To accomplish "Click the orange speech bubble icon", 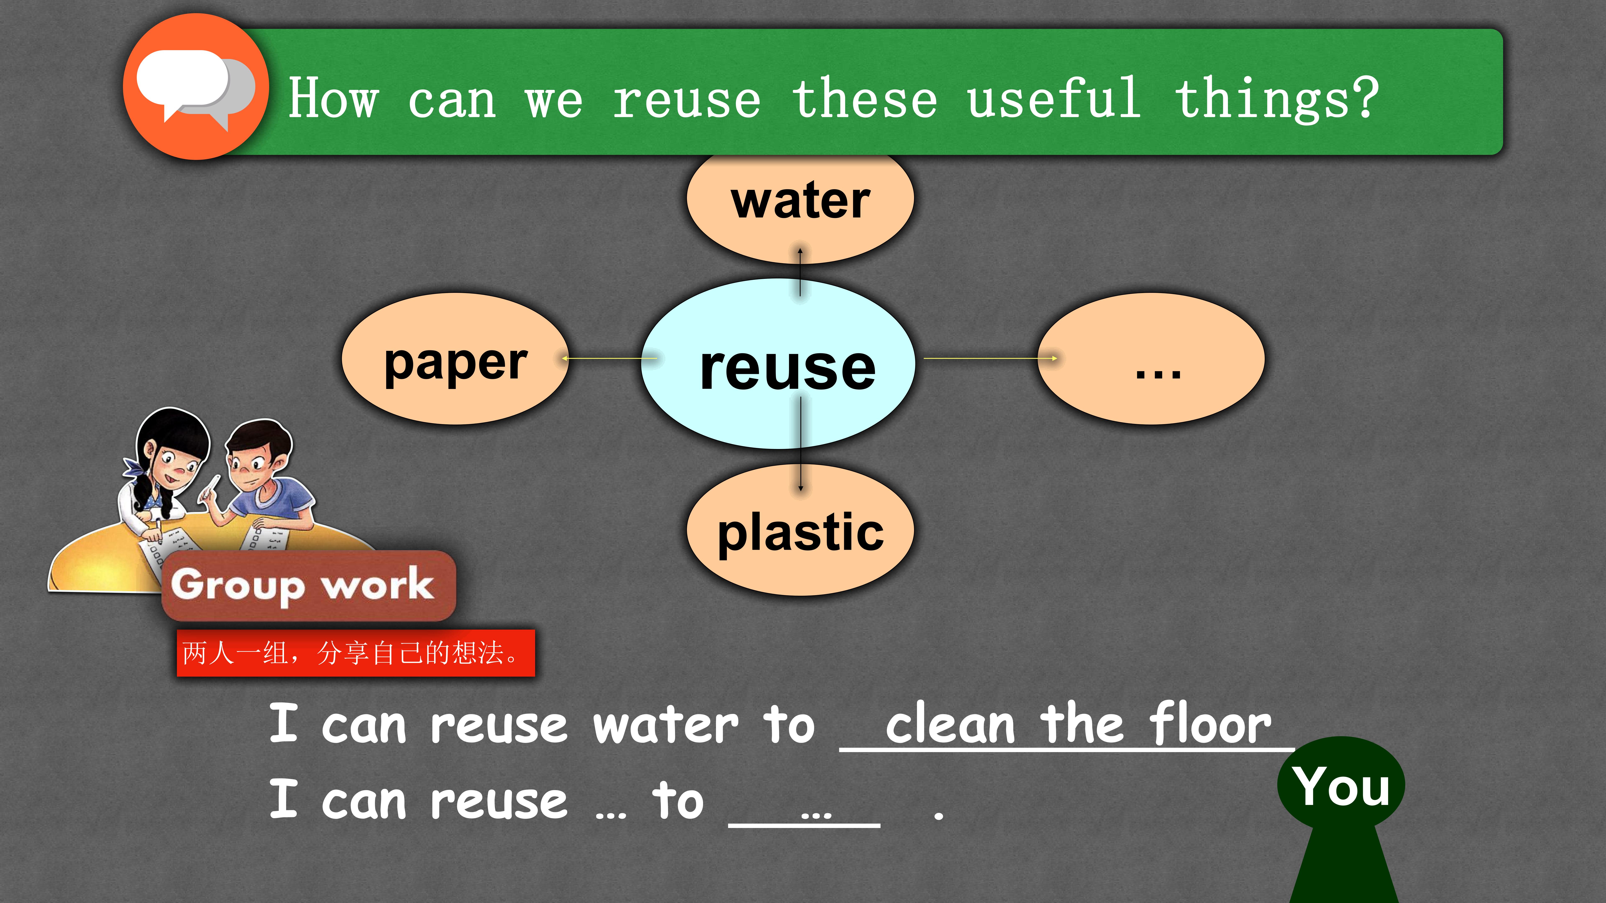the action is (x=196, y=87).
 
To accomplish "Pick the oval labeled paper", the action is (x=455, y=359).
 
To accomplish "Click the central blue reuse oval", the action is (x=778, y=364).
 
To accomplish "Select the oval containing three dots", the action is (x=1151, y=359).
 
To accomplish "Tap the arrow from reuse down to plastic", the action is (x=801, y=444).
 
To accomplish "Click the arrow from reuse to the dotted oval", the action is (x=991, y=358).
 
